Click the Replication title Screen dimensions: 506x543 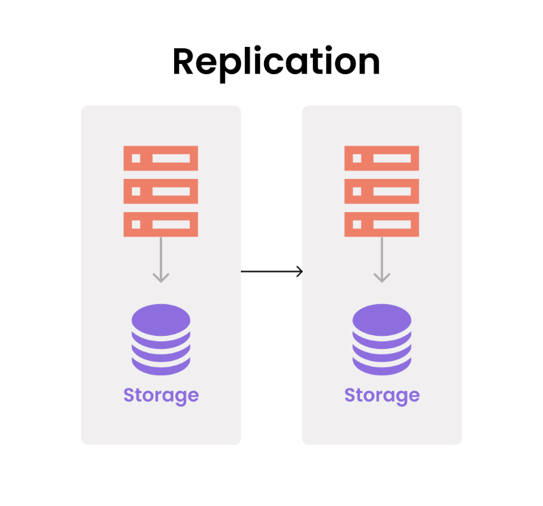276,63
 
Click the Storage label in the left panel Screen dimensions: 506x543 161,395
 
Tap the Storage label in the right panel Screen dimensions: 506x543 382,395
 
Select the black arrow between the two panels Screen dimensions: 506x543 271,271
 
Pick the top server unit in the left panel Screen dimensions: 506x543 161,158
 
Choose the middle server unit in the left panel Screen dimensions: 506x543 161,191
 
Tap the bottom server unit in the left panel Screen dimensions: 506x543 161,224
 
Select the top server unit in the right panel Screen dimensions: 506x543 382,158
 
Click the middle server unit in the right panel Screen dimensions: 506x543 382,191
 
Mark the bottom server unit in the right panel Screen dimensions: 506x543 382,224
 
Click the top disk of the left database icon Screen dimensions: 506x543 161,318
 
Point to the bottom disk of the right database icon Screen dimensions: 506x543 382,366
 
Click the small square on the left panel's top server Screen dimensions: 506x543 136,158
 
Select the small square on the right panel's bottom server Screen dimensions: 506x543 357,224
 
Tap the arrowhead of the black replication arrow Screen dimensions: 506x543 299,271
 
